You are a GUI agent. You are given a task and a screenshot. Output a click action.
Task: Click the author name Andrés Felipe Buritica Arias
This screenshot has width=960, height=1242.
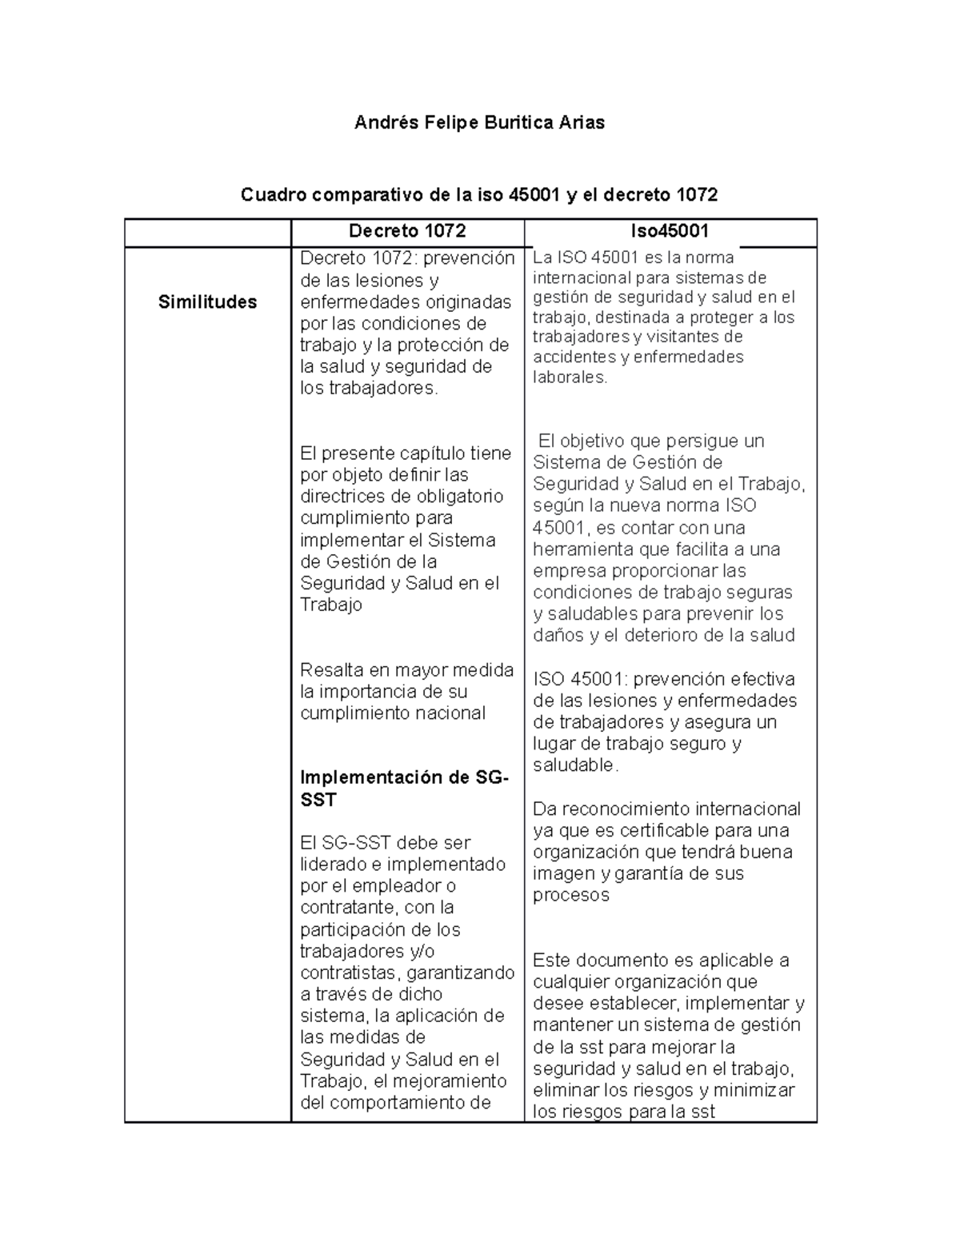click(479, 122)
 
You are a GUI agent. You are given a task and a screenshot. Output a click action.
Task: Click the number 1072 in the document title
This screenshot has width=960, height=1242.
click(697, 194)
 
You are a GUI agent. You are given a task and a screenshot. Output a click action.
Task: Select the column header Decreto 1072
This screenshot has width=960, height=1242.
click(407, 231)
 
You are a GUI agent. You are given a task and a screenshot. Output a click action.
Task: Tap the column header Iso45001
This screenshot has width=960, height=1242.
click(670, 231)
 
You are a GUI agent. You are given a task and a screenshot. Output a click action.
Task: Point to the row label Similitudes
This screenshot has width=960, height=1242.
click(207, 302)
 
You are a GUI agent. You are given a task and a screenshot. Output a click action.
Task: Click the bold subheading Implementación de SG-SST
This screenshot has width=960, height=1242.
click(403, 789)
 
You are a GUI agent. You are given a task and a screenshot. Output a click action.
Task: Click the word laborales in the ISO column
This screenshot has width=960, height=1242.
click(570, 377)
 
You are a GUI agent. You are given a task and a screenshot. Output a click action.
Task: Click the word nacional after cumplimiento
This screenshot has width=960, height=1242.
click(447, 713)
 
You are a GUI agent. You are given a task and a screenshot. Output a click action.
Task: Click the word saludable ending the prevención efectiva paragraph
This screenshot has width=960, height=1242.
click(573, 765)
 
